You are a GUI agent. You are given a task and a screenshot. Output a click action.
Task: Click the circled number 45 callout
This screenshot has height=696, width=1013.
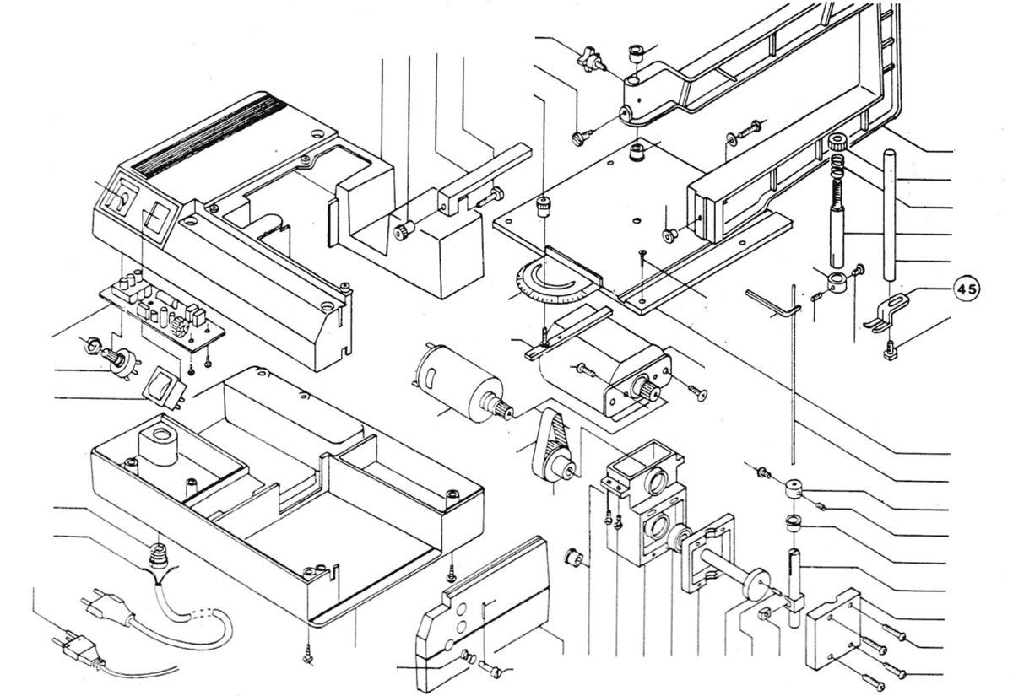(967, 289)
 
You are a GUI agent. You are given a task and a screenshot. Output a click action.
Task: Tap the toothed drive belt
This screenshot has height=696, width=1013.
(545, 443)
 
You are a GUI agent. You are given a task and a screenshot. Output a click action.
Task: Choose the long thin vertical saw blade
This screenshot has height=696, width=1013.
(794, 380)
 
